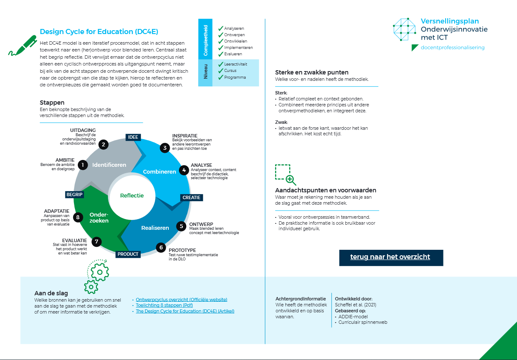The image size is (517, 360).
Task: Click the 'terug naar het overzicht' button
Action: coord(391,257)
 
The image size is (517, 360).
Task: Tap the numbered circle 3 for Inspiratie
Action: coord(165,148)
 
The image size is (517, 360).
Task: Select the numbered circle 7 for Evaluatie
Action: coord(97,242)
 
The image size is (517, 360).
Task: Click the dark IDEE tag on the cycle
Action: coord(133,137)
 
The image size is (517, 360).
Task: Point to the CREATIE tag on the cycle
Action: coord(191,197)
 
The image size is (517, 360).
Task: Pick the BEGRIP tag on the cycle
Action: coord(74,194)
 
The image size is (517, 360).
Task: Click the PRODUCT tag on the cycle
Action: coord(128,254)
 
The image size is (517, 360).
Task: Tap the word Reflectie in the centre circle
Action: coord(132,195)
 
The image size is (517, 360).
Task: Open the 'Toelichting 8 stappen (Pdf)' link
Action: coord(164,305)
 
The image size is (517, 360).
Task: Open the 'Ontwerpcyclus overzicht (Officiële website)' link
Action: coord(182,300)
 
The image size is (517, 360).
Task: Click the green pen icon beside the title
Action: coord(23,46)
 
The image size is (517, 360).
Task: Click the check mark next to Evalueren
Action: coord(221,54)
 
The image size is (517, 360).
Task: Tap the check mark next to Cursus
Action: coord(221,71)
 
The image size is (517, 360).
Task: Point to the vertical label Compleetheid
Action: coord(205,40)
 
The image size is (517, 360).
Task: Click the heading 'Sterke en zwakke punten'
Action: coord(312,72)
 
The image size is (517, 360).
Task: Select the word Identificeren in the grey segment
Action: coord(109,165)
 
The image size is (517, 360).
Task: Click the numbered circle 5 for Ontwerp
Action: coord(182,226)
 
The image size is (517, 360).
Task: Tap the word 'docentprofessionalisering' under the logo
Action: coord(452,47)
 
